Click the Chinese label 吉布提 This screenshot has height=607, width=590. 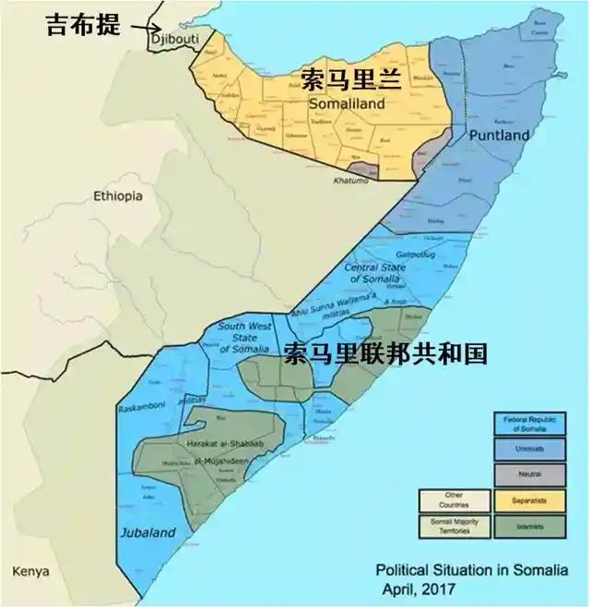pos(83,25)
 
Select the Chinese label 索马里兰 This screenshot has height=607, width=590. pos(350,79)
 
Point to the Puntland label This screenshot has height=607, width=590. pos(500,136)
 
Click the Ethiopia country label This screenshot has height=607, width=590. pos(118,196)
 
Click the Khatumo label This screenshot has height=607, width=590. pos(351,182)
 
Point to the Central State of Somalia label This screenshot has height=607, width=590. pos(374,273)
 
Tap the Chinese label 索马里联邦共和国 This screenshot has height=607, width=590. pos(384,353)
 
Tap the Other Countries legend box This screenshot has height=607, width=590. pos(454,499)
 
